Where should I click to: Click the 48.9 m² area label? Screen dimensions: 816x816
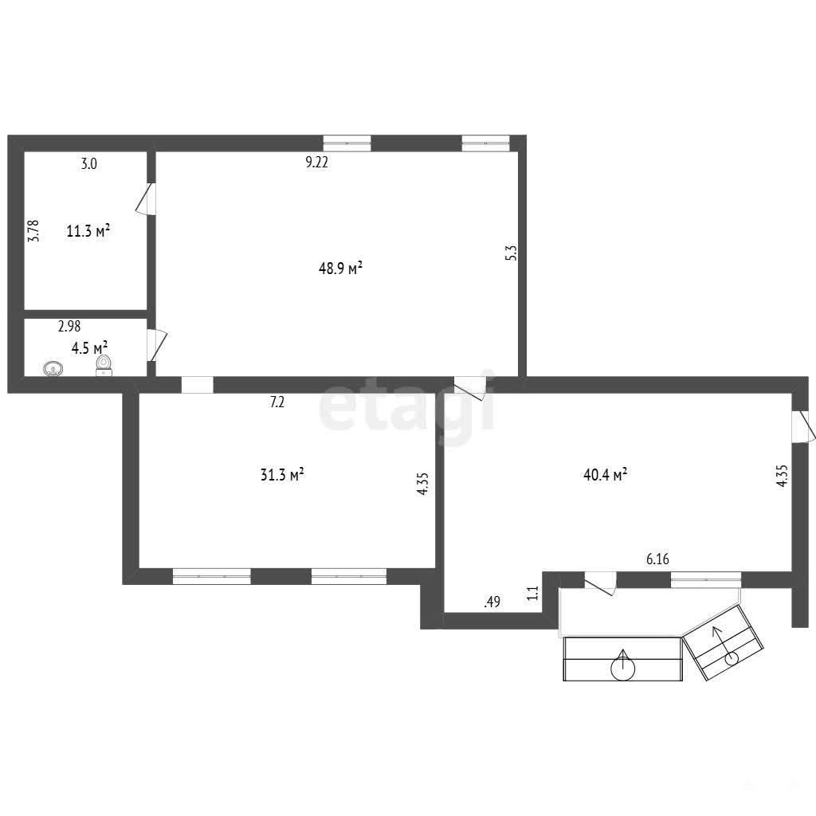coord(340,269)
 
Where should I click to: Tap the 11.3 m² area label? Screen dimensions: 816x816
coord(88,230)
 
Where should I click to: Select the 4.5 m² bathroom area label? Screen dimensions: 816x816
coord(89,347)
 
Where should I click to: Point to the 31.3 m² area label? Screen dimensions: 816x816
coord(282,475)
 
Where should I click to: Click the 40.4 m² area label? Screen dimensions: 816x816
coord(606,475)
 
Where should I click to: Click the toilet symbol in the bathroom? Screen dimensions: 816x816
coord(104,365)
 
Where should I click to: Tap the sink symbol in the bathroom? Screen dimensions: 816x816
coord(53,369)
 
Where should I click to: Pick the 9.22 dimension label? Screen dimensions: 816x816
coord(316,163)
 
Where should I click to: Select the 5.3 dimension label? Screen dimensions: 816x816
coord(512,253)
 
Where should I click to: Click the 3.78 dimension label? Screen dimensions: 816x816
coord(33,230)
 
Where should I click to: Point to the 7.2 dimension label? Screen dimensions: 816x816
coord(277,402)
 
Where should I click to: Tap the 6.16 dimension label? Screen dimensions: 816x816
coord(657,559)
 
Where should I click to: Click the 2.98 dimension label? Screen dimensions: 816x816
coord(69,326)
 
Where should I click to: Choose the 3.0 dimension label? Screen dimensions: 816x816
coord(89,164)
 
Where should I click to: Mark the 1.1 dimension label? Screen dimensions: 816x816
coord(532,593)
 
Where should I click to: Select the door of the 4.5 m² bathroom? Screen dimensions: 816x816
coord(157,344)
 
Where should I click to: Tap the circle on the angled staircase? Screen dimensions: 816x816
coord(732,658)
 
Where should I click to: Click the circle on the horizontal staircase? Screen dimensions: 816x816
coord(623,668)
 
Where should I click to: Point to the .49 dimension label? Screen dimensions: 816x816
coord(492,602)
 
